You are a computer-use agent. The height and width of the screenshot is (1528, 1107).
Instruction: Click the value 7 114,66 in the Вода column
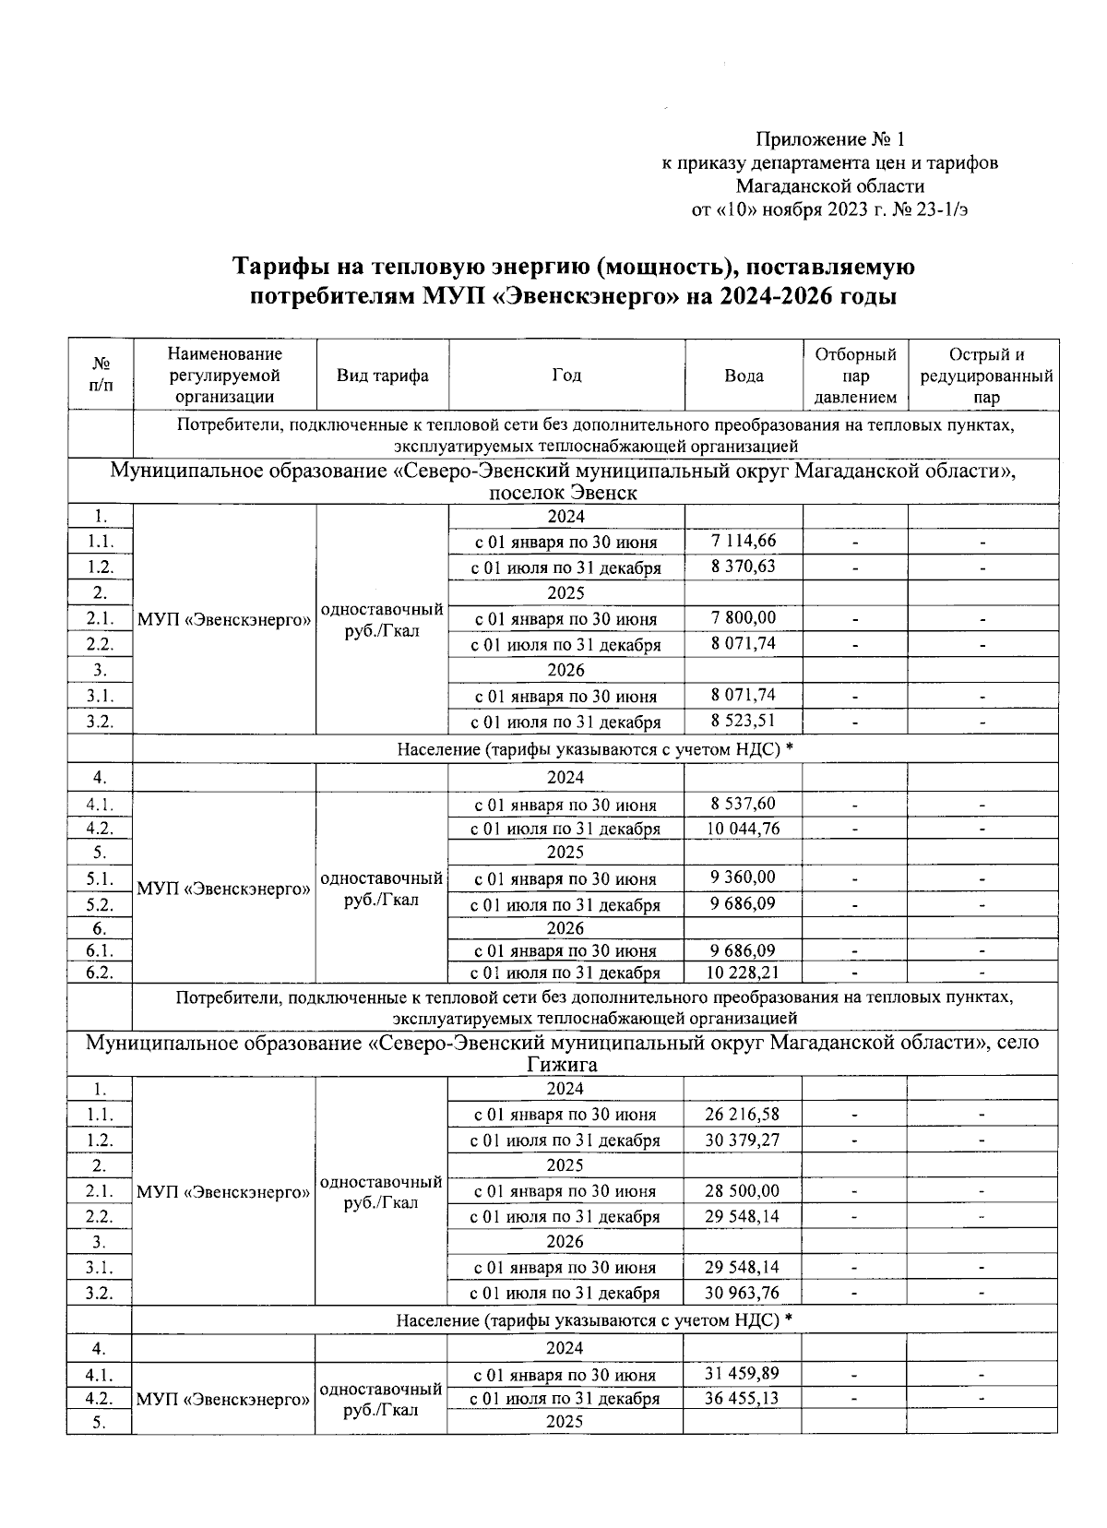[x=743, y=540]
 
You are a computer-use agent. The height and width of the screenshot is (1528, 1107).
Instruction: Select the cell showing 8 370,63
[x=743, y=566]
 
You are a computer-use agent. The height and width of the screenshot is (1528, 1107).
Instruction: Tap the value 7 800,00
[x=743, y=617]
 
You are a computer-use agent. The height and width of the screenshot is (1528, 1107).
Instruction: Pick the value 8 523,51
[x=743, y=721]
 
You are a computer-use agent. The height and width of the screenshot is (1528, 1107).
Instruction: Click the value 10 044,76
[x=743, y=829]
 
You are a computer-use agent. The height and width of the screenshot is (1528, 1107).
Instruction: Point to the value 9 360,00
[x=743, y=877]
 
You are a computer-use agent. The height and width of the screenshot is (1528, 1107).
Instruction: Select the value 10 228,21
[x=743, y=972]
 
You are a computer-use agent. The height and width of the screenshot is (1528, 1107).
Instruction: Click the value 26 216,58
[x=742, y=1114]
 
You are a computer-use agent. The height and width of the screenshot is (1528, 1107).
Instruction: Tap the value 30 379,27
[x=742, y=1140]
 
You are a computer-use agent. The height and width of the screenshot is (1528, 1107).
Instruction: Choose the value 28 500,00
[x=742, y=1190]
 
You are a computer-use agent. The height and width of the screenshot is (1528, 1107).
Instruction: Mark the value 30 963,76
[x=742, y=1292]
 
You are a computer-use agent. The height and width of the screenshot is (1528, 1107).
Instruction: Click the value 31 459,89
[x=742, y=1374]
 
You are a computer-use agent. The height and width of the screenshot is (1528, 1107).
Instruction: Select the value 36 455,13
[x=742, y=1398]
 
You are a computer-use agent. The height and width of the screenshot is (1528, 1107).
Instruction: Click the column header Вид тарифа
[x=382, y=376]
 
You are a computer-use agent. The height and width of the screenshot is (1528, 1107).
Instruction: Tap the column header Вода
[x=744, y=376]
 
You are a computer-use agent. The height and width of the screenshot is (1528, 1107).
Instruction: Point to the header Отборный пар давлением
[x=855, y=376]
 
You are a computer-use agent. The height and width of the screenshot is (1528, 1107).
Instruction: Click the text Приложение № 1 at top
[x=830, y=139]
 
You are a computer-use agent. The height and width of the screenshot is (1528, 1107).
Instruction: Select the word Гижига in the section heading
[x=562, y=1064]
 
